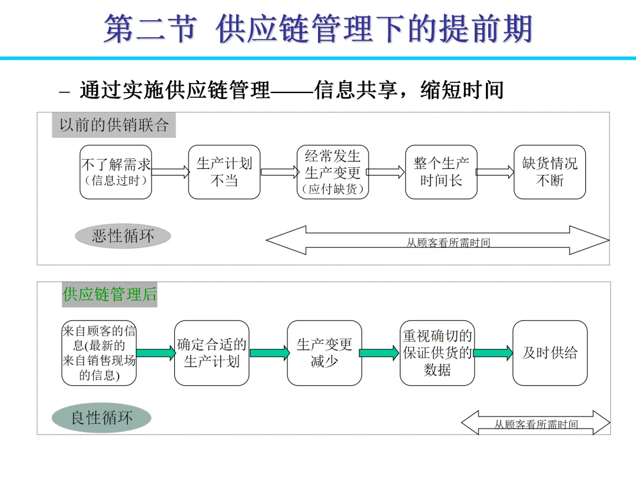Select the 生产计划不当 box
(x=224, y=172)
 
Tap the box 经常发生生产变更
(x=333, y=172)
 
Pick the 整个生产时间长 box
(x=441, y=172)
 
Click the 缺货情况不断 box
(x=549, y=172)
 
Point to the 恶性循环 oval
(x=123, y=236)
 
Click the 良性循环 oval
(x=101, y=418)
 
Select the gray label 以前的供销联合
(x=114, y=125)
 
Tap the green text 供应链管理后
(x=110, y=294)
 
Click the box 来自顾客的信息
(x=99, y=353)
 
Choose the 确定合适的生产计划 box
(x=211, y=353)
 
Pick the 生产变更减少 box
(x=324, y=353)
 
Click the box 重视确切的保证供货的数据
(x=437, y=353)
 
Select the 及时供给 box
(x=550, y=353)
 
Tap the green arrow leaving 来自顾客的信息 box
(x=155, y=353)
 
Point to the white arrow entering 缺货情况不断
(x=495, y=172)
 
